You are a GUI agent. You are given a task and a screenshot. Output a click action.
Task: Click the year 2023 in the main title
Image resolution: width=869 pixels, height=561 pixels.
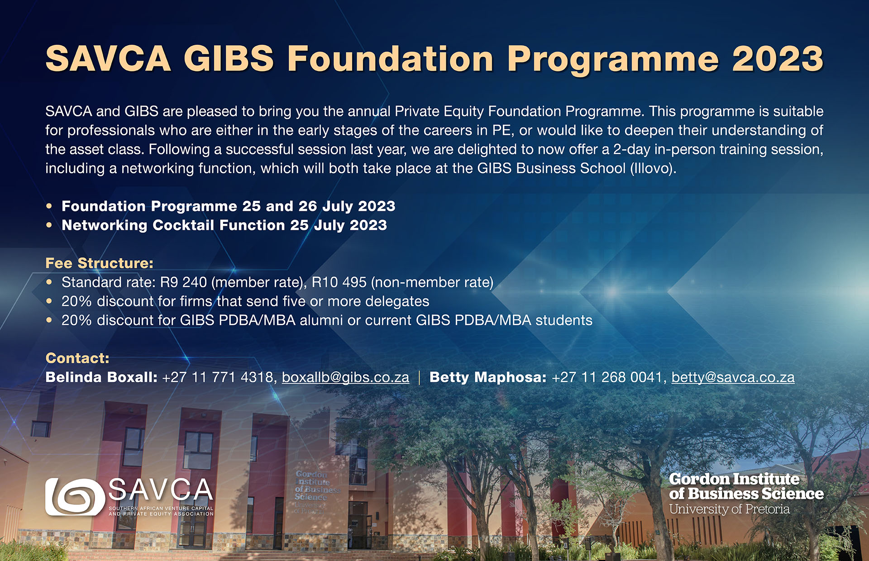778,58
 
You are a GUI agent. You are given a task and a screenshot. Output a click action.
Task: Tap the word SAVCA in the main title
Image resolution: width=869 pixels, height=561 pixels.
108,58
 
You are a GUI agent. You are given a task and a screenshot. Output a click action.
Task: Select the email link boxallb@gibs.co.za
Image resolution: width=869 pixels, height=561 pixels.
345,377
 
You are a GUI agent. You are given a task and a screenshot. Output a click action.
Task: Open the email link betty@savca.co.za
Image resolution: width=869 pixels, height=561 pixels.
733,377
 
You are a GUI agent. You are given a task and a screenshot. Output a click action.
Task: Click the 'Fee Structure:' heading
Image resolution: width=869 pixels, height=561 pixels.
100,263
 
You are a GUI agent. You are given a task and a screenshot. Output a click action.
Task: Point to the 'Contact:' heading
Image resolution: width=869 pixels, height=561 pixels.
77,358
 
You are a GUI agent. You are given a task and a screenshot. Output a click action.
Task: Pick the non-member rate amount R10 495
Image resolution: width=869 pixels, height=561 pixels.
339,282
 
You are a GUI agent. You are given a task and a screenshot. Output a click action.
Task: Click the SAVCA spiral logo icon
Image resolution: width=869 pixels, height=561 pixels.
75,497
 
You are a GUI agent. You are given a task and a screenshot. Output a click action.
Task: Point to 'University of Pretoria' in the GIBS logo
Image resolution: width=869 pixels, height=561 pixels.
730,509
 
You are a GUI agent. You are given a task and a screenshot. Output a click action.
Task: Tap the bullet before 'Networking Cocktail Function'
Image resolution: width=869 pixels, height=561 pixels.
49,225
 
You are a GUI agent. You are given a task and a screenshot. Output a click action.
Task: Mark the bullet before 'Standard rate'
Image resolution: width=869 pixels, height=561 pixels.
49,282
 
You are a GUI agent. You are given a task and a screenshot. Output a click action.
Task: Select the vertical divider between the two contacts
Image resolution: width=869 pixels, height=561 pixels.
420,378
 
